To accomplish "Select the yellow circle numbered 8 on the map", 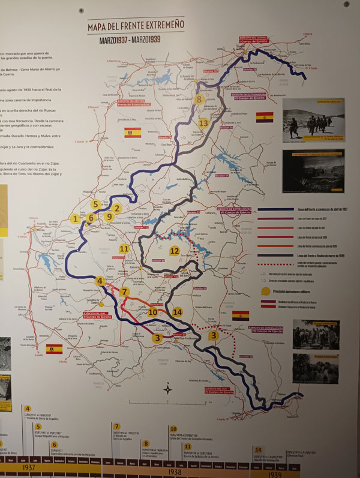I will coord(199,99).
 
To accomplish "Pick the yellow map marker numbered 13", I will coord(203,123).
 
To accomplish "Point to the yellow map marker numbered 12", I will coord(175,251).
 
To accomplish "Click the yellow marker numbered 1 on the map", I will coord(75,219).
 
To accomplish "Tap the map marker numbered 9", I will coord(109,217).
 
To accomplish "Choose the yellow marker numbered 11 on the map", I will coord(124,248).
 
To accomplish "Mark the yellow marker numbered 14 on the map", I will coord(177,312).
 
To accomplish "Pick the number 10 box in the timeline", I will coord(173,429).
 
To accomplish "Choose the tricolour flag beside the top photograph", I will coord(265,117).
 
